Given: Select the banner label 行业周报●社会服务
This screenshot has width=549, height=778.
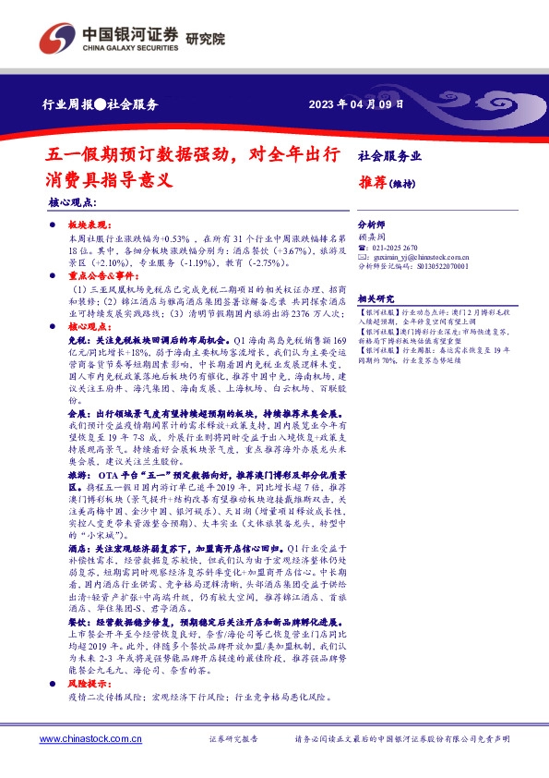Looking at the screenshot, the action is pos(101,104).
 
